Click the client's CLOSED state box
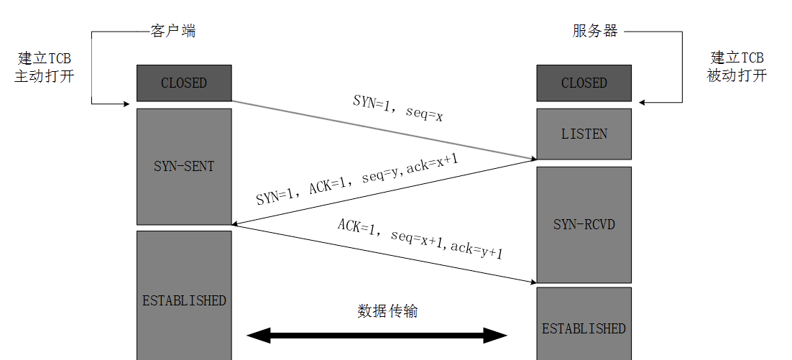coord(184,83)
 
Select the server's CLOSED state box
coord(584,83)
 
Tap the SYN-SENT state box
coord(184,166)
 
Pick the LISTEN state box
coord(584,134)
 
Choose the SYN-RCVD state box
coord(584,224)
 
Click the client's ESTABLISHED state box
coord(184,300)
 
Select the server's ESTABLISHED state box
coord(584,328)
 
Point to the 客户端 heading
coord(172,31)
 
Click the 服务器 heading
coord(594,31)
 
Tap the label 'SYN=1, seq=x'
coord(397,107)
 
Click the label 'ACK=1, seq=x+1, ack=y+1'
coord(420,237)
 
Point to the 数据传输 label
coord(387,311)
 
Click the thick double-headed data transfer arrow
coord(377,335)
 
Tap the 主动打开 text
coord(44,76)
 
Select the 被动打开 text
coord(737,75)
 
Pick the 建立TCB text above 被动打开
coord(737,57)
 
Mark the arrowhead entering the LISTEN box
coord(533,159)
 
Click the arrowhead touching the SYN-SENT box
coord(236,223)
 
